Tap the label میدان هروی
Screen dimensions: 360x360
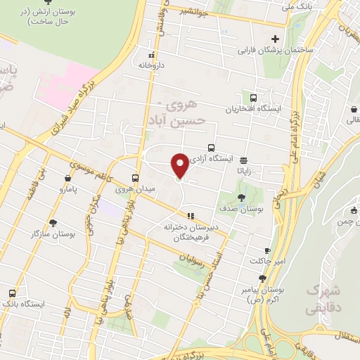(136, 188)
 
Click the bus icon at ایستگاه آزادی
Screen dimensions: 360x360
(211, 148)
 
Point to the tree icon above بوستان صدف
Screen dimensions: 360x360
(241, 198)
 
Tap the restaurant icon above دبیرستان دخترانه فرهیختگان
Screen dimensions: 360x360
(189, 215)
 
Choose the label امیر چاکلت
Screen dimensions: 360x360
(267, 262)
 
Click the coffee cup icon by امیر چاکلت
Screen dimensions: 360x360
(267, 250)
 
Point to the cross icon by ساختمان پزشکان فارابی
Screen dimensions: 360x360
(275, 39)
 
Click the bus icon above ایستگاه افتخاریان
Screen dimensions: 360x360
(253, 98)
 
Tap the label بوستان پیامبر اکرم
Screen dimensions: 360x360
(265, 294)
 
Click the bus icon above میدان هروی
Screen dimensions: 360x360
(136, 177)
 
